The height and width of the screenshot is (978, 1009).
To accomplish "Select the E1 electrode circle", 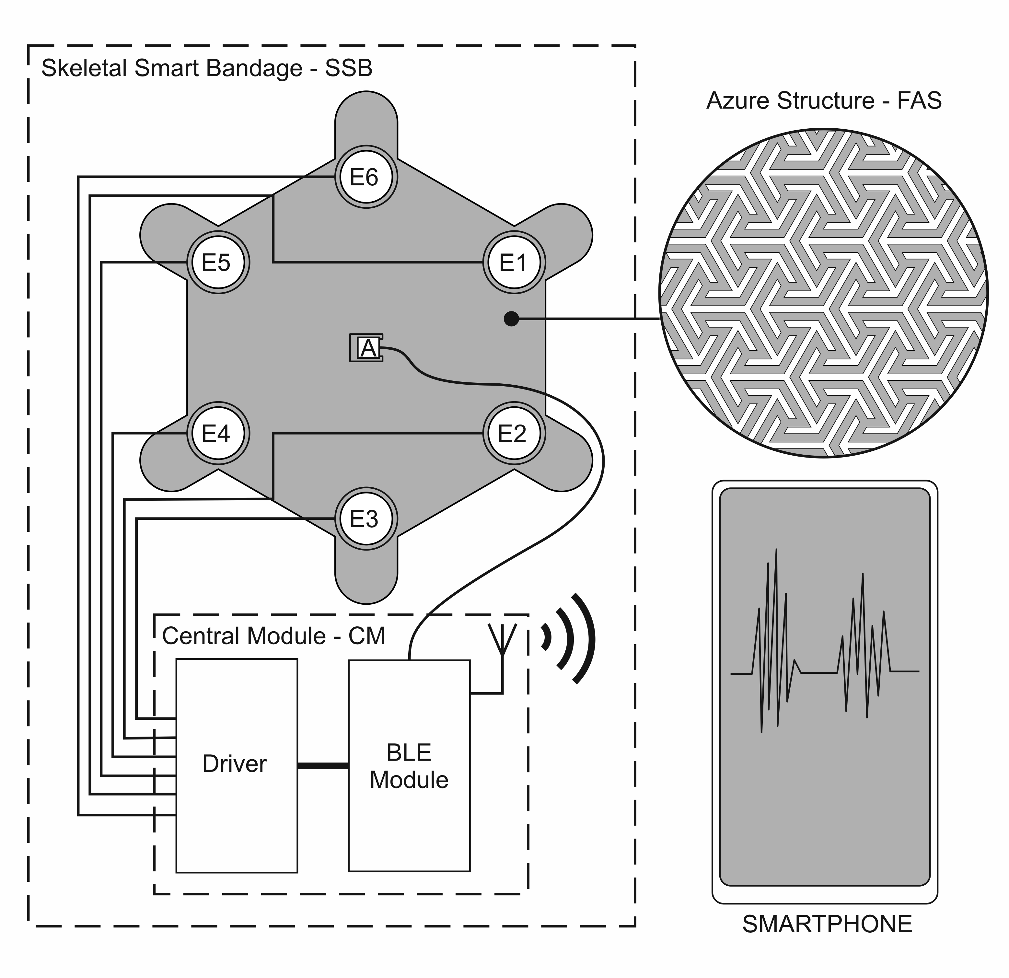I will pos(514,262).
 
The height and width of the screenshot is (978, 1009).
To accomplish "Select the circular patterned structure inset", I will pos(824,293).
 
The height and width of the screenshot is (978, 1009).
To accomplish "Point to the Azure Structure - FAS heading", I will pos(824,100).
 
